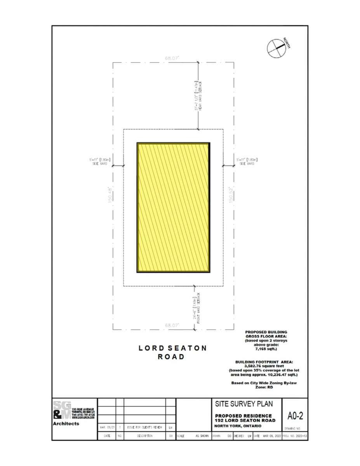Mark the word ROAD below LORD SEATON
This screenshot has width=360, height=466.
click(x=171, y=357)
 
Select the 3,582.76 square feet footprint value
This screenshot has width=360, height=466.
click(x=266, y=366)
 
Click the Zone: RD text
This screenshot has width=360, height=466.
click(x=266, y=387)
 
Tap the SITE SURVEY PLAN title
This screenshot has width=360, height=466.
click(x=243, y=404)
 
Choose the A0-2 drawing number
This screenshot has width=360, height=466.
click(x=295, y=416)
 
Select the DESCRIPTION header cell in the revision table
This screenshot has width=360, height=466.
click(x=144, y=436)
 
